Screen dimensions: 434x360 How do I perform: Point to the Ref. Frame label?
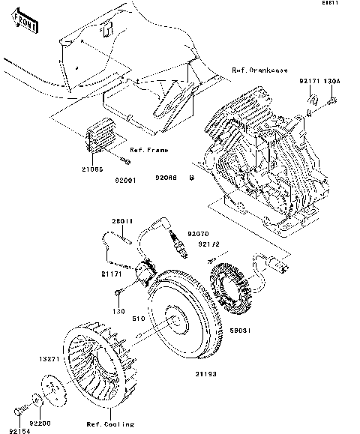click(x=148, y=150)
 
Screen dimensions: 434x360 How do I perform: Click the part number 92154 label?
click(x=24, y=422)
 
